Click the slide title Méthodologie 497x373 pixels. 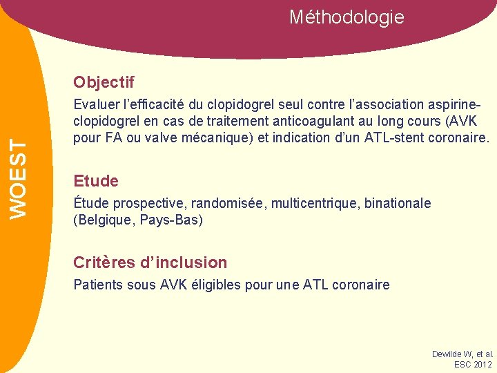tap(347, 17)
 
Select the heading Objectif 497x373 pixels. tap(104, 83)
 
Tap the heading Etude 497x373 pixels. tap(96, 182)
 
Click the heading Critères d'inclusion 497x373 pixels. tap(150, 262)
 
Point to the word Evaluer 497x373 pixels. tap(96, 105)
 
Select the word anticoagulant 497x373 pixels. tap(302, 122)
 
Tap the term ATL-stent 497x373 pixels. tap(378, 137)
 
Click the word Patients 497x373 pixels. tap(97, 285)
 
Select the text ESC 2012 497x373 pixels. tap(473, 365)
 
